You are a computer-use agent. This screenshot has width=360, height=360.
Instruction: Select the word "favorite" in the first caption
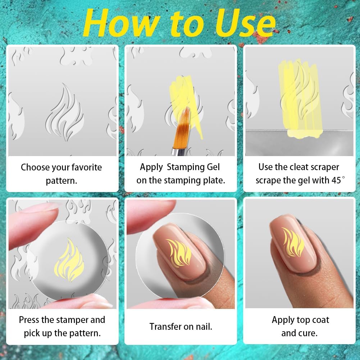[x=83, y=168]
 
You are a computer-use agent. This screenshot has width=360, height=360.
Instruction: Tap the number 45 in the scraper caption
[x=336, y=180]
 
